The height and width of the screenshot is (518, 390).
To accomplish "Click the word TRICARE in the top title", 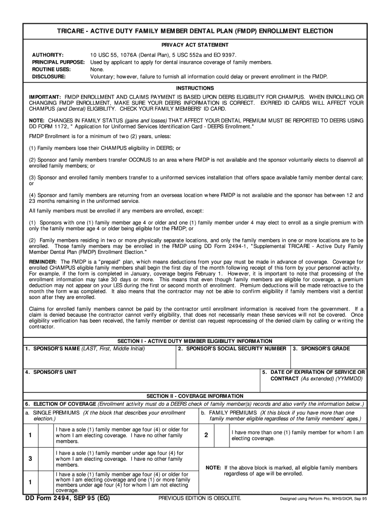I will (x=70, y=31).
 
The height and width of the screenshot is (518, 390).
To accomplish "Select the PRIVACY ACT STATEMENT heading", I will (x=194, y=45).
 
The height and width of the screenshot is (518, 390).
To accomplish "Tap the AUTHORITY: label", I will (x=48, y=55).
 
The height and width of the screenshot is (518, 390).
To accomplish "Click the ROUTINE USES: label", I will (x=51, y=69).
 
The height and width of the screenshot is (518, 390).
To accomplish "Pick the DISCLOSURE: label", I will (x=49, y=77).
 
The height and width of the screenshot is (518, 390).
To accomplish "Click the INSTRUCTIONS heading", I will (x=194, y=88).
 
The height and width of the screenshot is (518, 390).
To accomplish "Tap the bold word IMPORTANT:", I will (x=45, y=97).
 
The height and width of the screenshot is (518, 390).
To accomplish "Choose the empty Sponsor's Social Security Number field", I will (x=232, y=360).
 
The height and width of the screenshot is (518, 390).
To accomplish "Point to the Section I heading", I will (x=194, y=341).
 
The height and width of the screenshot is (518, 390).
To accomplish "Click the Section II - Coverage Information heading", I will (x=194, y=396).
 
